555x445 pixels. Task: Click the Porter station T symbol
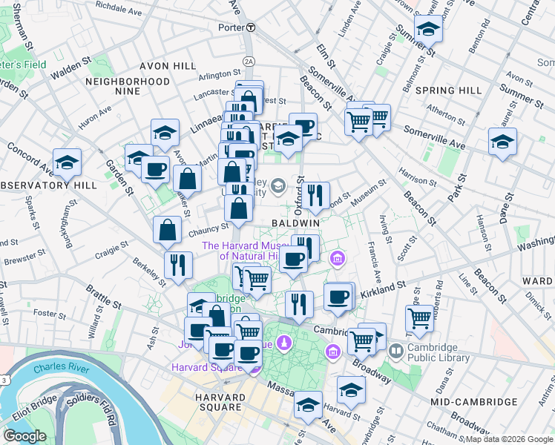pos(251,27)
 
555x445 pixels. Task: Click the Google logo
pos(24,436)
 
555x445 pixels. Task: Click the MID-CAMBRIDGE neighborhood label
pos(473,401)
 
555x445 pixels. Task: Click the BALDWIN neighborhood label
pos(295,222)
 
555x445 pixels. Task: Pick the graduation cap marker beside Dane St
pos(502,141)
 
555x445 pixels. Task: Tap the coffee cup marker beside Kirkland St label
pos(338,296)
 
